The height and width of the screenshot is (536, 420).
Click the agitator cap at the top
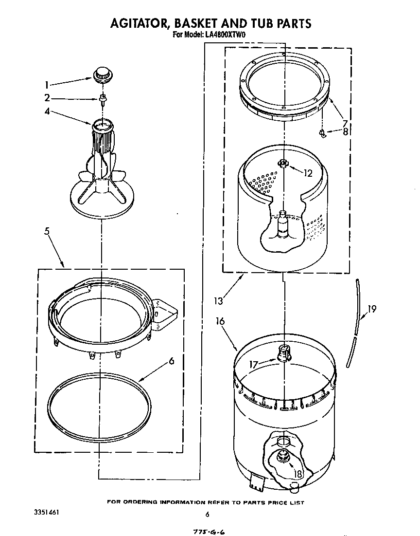click(102, 74)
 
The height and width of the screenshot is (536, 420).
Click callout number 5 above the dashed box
click(47, 231)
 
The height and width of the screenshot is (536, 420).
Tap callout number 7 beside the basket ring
click(344, 123)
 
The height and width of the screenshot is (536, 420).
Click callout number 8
click(345, 131)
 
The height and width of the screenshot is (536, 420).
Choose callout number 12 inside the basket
click(307, 172)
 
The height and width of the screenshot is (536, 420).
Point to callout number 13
click(218, 301)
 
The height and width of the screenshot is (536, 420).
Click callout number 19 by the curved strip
click(372, 308)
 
